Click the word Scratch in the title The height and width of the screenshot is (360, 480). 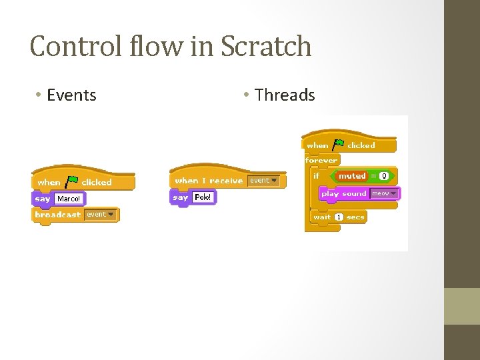coord(266,47)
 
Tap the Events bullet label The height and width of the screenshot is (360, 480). coord(71,95)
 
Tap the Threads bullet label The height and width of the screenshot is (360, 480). coord(285,95)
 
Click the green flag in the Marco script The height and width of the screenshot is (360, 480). coord(71,181)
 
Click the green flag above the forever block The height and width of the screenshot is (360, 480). coord(338,144)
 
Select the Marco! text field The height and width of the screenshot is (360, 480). coord(69,199)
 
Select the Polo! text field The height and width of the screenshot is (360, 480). coord(203,197)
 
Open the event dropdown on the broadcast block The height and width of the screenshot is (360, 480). coord(101,215)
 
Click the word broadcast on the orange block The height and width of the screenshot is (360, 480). coord(58,215)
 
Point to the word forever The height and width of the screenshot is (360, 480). coord(321,160)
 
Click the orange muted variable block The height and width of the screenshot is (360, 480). coord(352,176)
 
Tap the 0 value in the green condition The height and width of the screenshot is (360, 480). coord(383,176)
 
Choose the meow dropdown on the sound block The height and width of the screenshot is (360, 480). coord(384,193)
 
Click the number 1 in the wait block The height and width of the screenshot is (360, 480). coord(339,217)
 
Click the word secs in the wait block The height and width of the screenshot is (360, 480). coord(355,217)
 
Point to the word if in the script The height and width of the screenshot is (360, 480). coord(316,176)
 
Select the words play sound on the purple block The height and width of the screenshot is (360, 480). coord(344,194)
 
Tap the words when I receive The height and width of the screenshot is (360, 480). coord(209,181)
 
